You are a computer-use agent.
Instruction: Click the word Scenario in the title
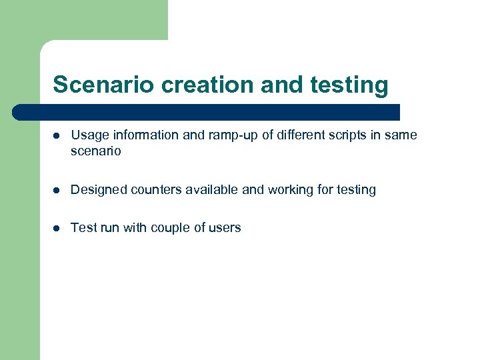click(102, 85)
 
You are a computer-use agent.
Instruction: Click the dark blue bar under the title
click(207, 111)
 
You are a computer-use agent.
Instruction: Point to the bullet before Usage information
click(57, 135)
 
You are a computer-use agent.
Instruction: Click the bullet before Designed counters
click(57, 190)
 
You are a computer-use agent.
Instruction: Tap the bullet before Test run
click(57, 228)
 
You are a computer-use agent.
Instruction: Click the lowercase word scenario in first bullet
click(96, 151)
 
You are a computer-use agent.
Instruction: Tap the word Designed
click(99, 190)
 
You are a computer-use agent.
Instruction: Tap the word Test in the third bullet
click(83, 228)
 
